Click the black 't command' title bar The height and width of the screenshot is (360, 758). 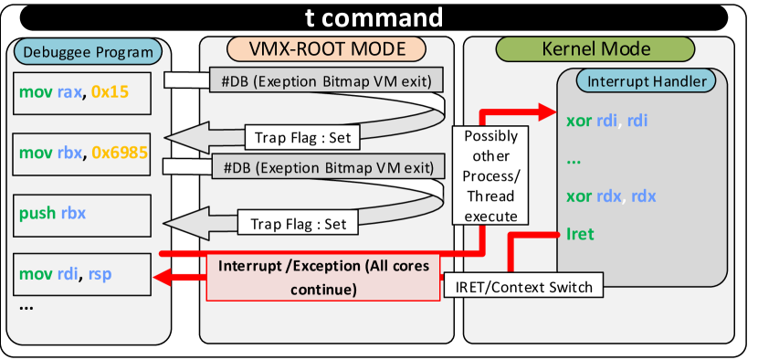(374, 17)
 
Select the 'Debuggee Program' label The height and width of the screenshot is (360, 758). (88, 51)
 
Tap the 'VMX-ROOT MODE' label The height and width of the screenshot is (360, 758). (326, 48)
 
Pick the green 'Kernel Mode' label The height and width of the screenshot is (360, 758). (595, 48)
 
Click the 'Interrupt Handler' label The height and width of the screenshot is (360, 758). (647, 81)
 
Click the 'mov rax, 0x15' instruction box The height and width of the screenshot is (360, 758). (81, 93)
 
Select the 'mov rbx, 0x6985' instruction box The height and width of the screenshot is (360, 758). (81, 154)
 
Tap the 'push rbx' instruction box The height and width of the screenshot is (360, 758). (81, 216)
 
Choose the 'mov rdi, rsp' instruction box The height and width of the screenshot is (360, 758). (81, 274)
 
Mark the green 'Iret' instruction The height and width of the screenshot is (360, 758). (580, 234)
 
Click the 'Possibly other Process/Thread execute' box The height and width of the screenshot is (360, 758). (490, 175)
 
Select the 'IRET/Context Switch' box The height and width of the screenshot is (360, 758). (524, 287)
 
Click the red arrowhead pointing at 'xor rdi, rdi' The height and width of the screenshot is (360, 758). (547, 111)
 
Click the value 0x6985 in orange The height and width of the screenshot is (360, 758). (120, 154)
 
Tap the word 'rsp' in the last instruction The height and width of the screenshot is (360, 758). (100, 274)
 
